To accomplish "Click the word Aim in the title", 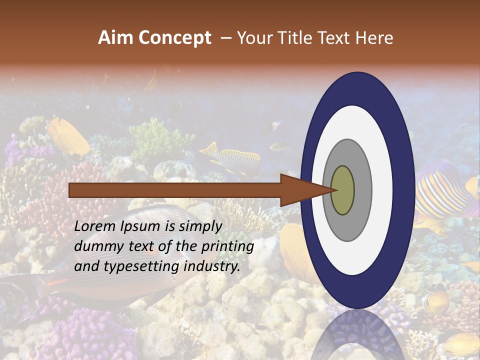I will click(x=115, y=38).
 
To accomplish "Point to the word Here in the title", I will click(x=375, y=38).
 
